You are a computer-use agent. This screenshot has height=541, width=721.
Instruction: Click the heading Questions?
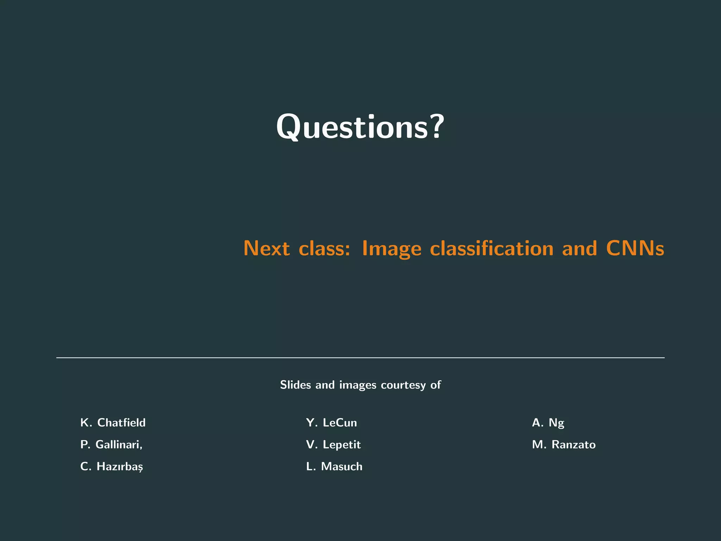pos(360,127)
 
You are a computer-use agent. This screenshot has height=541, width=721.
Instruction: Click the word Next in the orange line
pos(267,248)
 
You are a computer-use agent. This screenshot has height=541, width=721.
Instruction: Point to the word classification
pos(492,248)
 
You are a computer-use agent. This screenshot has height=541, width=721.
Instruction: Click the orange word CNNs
pos(635,248)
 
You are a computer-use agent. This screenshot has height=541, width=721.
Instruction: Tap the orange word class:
pos(324,248)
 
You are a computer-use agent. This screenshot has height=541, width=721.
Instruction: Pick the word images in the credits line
pos(358,385)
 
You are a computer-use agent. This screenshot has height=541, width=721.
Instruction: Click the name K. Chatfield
pos(113,422)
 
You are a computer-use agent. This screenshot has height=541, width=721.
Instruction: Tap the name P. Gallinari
pos(111,444)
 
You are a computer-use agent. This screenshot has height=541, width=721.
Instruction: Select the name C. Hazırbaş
pos(112,466)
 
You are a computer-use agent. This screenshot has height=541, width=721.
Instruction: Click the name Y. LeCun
pos(331,422)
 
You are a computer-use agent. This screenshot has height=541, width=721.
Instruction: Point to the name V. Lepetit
pos(333,444)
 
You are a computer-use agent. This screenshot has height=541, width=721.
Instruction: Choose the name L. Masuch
pos(334,466)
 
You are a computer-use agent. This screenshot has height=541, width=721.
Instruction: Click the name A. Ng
pos(548,422)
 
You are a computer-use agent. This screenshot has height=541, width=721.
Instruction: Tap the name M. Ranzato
pos(564,444)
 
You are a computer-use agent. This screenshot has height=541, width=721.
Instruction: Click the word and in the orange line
pos(579,248)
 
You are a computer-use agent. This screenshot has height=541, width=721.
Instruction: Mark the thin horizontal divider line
pos(360,357)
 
